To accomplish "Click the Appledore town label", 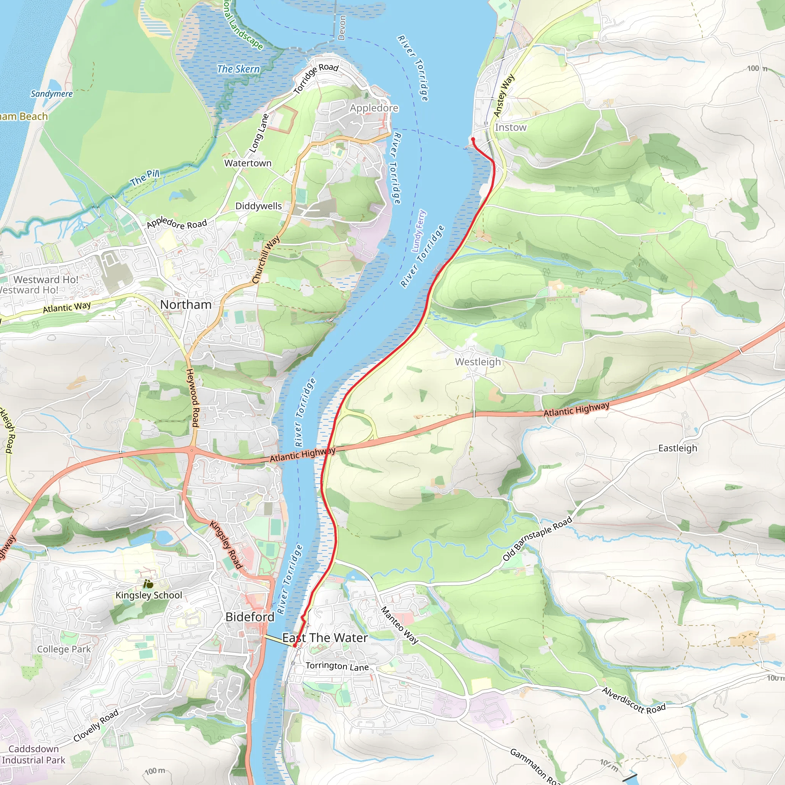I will tap(374, 108).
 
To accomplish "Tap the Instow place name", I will tap(510, 127).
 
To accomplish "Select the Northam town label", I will tap(186, 304).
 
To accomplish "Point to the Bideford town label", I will tap(250, 617).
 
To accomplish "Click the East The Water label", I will tap(325, 638).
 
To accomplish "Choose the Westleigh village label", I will tap(478, 361).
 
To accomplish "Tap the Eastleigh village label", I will tap(677, 448).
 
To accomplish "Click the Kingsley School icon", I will tap(148, 584).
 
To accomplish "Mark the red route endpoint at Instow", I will tap(473, 140).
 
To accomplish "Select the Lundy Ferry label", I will tap(419, 231).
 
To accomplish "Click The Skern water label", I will tap(238, 69).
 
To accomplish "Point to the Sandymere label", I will tap(52, 94).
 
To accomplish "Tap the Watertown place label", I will tap(248, 163).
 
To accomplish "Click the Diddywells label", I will tap(258, 206).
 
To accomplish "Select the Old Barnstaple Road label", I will tap(537, 539).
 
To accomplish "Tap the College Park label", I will tap(64, 649).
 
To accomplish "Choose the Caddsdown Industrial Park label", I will tap(33, 754).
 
